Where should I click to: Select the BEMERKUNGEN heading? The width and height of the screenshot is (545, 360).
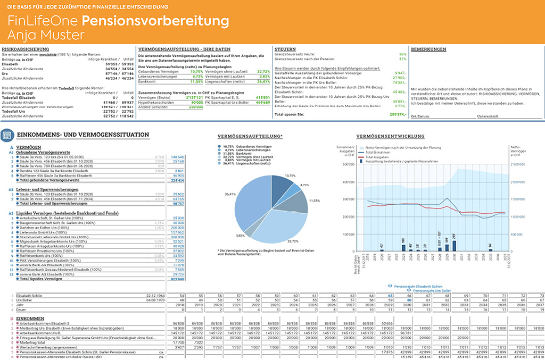428,49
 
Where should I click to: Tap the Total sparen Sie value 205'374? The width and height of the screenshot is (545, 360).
398,114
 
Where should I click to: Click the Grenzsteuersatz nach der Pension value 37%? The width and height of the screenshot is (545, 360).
402,59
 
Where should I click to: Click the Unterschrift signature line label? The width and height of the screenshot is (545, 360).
488,115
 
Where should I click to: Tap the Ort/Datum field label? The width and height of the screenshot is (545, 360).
422,115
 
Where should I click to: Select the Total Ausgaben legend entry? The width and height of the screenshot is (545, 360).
379,158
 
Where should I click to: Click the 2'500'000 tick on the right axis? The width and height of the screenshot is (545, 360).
519,164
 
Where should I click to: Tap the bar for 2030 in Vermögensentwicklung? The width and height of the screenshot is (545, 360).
454,245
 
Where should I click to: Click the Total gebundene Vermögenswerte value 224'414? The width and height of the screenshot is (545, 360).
177,180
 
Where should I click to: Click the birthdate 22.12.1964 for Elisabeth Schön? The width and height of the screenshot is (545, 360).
154,295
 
